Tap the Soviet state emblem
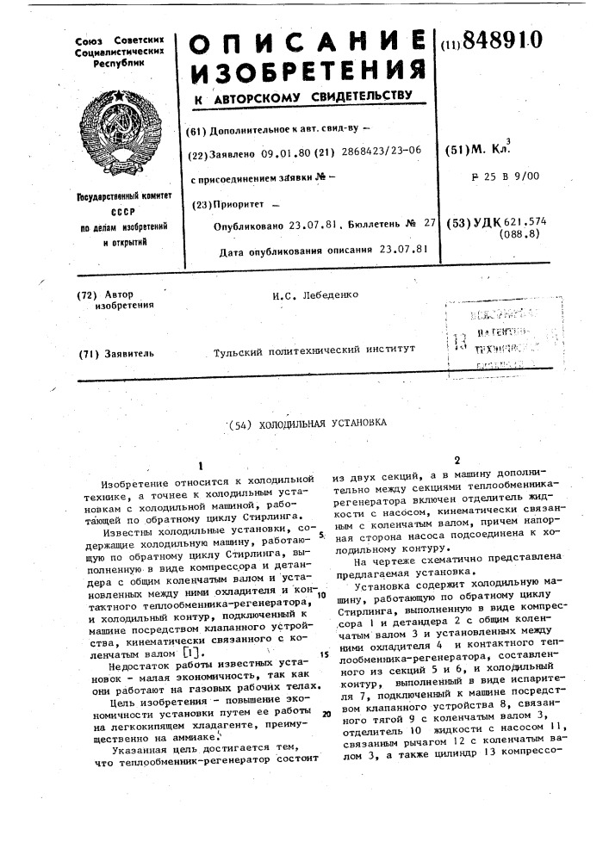pyautogui.click(x=108, y=134)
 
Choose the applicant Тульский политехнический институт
pyautogui.click(x=314, y=351)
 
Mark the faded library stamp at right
pyautogui.click(x=500, y=336)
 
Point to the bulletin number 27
pyautogui.click(x=428, y=224)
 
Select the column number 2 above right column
pyautogui.click(x=457, y=459)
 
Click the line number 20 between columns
pyautogui.click(x=326, y=715)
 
